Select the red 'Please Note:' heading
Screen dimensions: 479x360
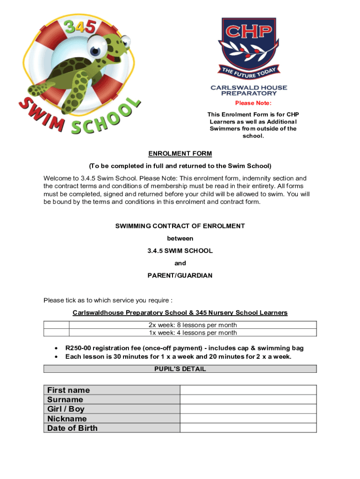pyautogui.click(x=253, y=103)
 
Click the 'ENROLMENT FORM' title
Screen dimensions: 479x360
pyautogui.click(x=180, y=153)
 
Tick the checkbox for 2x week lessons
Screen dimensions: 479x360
pyautogui.click(x=56, y=325)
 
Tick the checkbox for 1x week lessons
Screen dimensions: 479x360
pyautogui.click(x=56, y=333)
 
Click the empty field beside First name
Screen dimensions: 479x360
pyautogui.click(x=248, y=390)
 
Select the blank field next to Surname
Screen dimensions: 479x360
pyautogui.click(x=248, y=399)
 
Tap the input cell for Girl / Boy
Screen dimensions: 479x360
pyautogui.click(x=248, y=409)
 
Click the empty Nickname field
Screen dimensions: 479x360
pyautogui.click(x=248, y=419)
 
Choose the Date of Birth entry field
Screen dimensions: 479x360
pyautogui.click(x=248, y=428)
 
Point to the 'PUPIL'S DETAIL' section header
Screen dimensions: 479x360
pyautogui.click(x=180, y=369)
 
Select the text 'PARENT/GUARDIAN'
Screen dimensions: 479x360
pyautogui.click(x=180, y=276)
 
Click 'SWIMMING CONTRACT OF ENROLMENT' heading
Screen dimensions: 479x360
pyautogui.click(x=180, y=226)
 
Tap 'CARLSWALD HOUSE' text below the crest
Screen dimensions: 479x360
pyautogui.click(x=249, y=87)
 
